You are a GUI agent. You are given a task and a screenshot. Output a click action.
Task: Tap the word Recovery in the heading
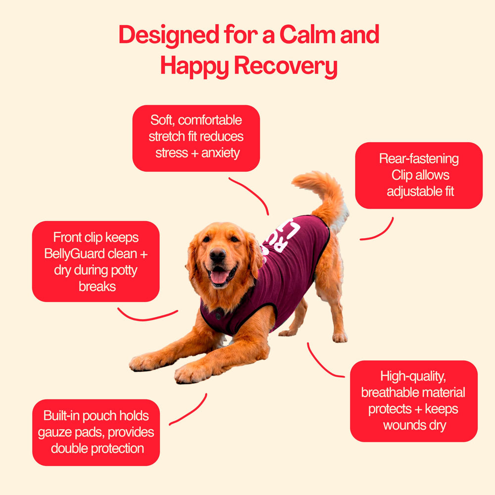286,66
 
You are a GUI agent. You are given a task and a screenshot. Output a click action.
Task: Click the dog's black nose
217,254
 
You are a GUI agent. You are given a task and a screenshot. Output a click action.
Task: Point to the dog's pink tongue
219,277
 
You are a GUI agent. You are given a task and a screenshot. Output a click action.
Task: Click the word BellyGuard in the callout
75,253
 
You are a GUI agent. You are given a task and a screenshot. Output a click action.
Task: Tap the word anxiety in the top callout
221,153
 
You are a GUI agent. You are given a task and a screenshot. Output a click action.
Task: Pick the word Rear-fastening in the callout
419,159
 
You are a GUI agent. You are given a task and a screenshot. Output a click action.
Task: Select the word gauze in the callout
55,433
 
